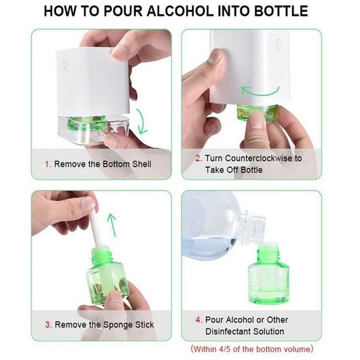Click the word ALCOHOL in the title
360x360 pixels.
click(180, 11)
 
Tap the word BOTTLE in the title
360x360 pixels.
click(281, 11)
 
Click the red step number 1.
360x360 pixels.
click(48, 164)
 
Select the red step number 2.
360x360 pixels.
click(198, 158)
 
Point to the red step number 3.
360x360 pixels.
click(48, 324)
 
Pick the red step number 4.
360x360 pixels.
click(199, 320)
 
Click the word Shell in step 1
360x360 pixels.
click(142, 164)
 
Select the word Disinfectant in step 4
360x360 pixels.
click(226, 331)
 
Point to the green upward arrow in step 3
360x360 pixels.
click(112, 224)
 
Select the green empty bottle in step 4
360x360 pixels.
click(268, 273)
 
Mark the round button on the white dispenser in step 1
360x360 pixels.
click(64, 62)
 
